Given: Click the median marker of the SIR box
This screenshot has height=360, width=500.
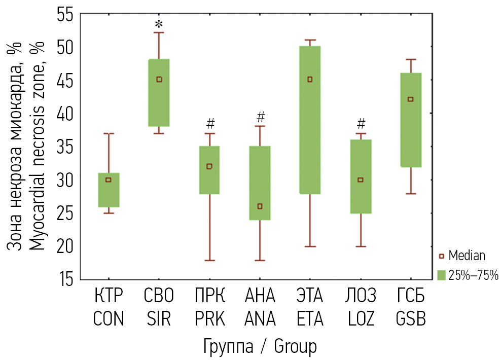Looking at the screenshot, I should [159, 79].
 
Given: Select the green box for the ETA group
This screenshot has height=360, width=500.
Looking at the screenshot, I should [310, 120].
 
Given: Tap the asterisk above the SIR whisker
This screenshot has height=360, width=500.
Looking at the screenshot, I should [159, 25].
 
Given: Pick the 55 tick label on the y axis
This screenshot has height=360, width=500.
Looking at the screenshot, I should [65, 15].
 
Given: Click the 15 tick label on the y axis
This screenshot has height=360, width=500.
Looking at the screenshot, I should [65, 279].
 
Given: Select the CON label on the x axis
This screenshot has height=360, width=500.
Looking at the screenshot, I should [109, 320].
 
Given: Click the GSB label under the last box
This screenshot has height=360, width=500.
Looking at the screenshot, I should [411, 320].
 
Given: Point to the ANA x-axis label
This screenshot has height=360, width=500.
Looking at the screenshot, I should [260, 320].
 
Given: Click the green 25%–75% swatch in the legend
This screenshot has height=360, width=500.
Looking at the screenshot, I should [441, 275].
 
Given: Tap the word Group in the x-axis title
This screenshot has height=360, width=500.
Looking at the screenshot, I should [295, 347].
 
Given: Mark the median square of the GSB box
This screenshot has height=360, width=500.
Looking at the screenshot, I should [411, 99].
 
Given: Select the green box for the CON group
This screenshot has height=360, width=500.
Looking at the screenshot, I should [109, 190].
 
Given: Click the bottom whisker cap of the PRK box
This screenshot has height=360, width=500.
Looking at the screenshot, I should [209, 260].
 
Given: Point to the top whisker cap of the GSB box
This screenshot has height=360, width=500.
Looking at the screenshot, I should [411, 59].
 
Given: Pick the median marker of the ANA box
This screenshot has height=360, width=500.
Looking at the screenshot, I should [260, 206].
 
